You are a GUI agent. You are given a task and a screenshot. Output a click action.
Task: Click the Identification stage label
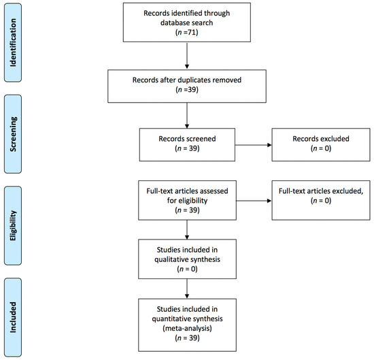13,43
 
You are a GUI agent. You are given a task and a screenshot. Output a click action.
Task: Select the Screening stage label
13,134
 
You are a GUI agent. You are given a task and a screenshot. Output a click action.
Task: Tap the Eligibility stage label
13,226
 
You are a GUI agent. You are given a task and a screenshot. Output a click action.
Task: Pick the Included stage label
13,317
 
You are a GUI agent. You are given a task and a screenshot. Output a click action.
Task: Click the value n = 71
187,32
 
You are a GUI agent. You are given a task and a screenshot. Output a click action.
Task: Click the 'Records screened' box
187,145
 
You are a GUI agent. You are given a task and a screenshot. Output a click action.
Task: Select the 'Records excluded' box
321,145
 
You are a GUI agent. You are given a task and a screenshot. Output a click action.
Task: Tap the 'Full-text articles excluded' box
321,200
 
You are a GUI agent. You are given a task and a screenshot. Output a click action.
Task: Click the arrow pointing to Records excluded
254,145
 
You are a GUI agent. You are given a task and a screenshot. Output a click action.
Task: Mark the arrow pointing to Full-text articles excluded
254,201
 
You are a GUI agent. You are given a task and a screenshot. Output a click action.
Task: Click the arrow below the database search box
187,56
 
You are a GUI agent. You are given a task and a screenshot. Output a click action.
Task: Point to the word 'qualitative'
169,259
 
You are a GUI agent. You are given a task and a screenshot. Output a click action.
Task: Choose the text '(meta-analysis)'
187,328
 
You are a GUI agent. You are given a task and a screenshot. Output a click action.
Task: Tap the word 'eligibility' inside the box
192,201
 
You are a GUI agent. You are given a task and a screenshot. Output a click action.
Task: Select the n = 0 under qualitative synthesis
187,269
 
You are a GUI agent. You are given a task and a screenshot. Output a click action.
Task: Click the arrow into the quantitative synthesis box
187,289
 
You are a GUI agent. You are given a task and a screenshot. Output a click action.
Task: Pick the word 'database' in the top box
174,22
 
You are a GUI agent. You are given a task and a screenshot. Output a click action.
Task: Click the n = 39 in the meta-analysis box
187,338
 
